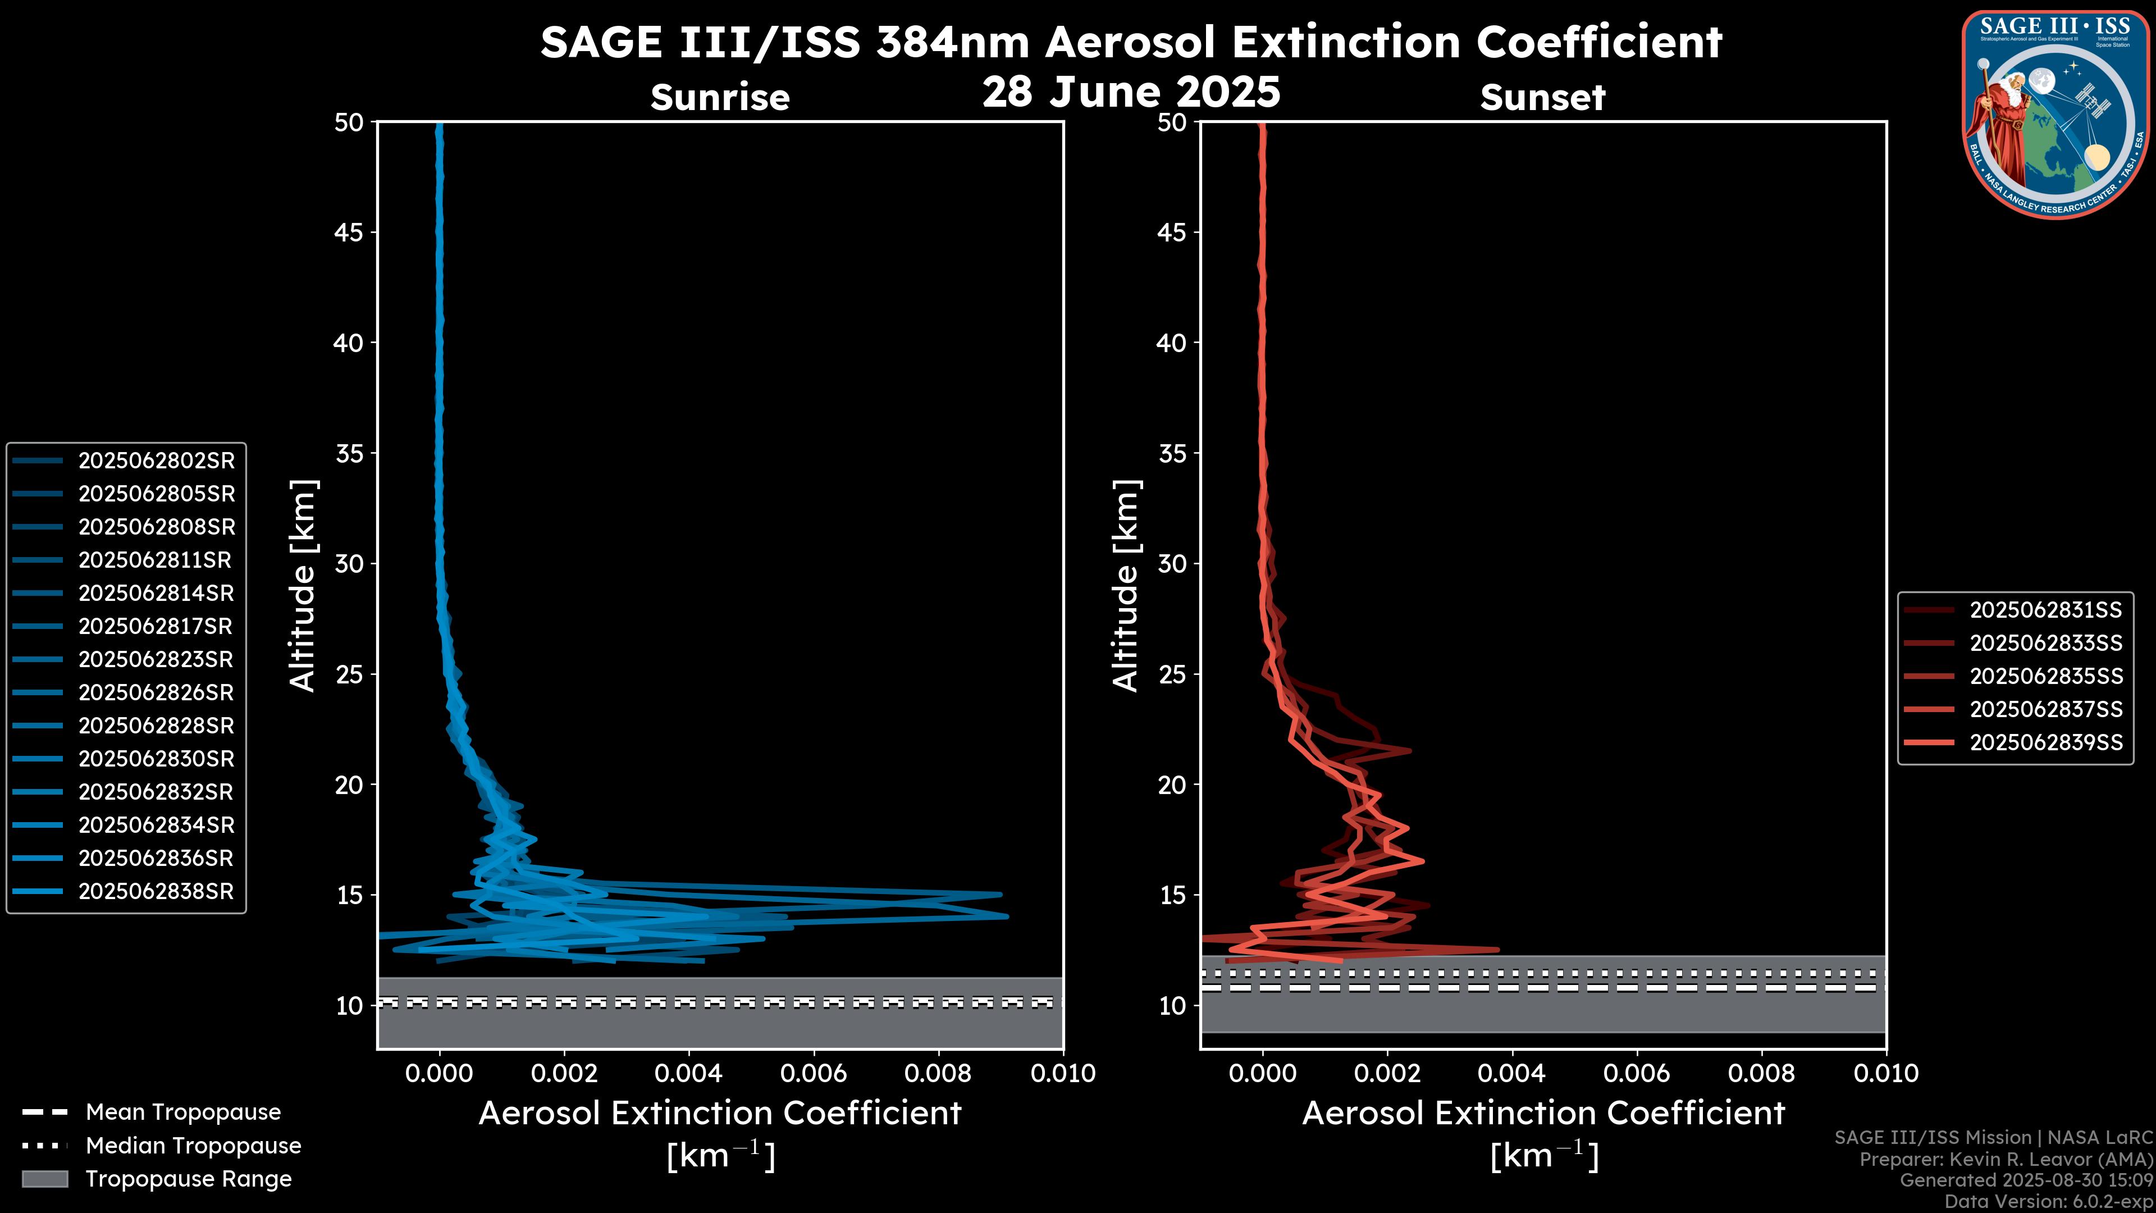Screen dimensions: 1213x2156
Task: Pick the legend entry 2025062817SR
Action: (155, 626)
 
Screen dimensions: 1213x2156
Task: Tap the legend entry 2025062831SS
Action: (2045, 610)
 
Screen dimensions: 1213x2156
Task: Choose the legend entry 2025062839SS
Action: (2045, 742)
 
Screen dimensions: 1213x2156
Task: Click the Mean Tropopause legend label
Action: (183, 1112)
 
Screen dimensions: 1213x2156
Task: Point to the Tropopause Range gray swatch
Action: (45, 1179)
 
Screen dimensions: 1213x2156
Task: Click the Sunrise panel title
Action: (720, 98)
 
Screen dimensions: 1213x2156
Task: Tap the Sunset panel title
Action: (1542, 98)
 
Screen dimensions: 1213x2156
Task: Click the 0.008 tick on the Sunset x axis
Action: (1762, 1073)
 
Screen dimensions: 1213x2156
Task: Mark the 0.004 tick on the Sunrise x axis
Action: (689, 1073)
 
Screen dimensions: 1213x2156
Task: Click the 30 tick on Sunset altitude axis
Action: (1172, 563)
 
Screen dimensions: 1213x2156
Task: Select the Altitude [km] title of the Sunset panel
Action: (1126, 586)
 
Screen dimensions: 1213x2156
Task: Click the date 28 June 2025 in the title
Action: (1131, 92)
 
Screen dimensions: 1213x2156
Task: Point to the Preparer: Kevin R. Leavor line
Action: (2006, 1160)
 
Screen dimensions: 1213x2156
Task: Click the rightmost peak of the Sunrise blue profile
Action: (1007, 916)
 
